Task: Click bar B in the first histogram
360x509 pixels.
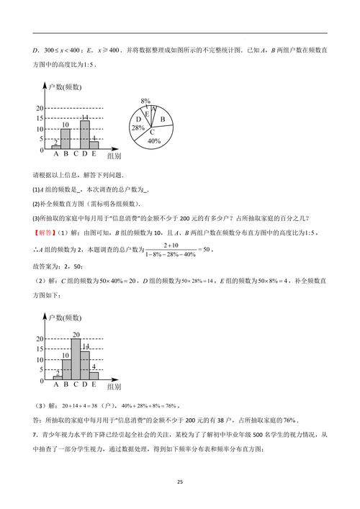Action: click(66, 138)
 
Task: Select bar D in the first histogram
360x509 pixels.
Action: click(84, 134)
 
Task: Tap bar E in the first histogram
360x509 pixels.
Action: click(94, 145)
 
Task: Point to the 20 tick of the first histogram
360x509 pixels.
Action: click(40, 108)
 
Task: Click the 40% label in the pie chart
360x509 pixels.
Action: click(153, 141)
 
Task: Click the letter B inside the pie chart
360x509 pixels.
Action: click(163, 119)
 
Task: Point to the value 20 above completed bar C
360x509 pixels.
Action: click(75, 334)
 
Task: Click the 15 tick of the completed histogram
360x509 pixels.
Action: click(40, 348)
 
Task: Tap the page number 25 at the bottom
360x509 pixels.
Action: click(180, 482)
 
